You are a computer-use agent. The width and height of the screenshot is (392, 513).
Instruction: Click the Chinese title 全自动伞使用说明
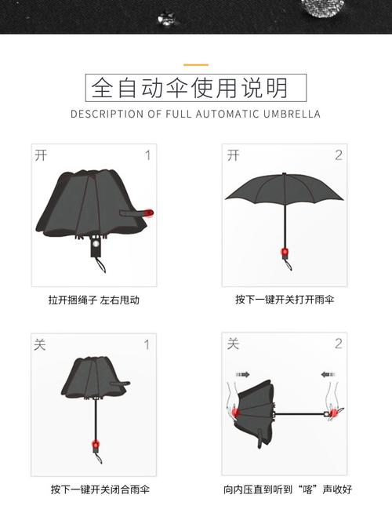coord(195,87)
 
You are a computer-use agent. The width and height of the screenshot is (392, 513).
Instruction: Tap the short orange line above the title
coord(195,64)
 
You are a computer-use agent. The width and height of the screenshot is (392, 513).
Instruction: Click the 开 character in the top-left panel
coord(42,155)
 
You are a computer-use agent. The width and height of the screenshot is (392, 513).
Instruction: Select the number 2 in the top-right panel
coord(339,155)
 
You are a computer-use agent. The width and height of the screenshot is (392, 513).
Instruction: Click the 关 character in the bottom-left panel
coord(41,344)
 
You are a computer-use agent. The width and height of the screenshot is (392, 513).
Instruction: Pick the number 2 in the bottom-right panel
coord(339,344)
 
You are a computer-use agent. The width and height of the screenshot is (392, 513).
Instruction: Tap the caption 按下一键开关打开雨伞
coord(285,300)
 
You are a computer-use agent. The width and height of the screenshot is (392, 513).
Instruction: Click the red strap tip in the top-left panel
coord(149,212)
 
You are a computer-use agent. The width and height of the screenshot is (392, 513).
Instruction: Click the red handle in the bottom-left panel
coord(97,446)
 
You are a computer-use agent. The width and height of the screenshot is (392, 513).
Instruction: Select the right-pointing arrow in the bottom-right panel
coord(242,375)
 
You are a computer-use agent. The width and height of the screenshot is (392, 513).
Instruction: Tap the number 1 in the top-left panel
coord(147,155)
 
